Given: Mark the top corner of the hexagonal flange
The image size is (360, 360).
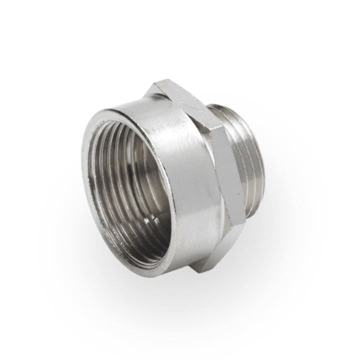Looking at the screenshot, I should coord(159,81).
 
